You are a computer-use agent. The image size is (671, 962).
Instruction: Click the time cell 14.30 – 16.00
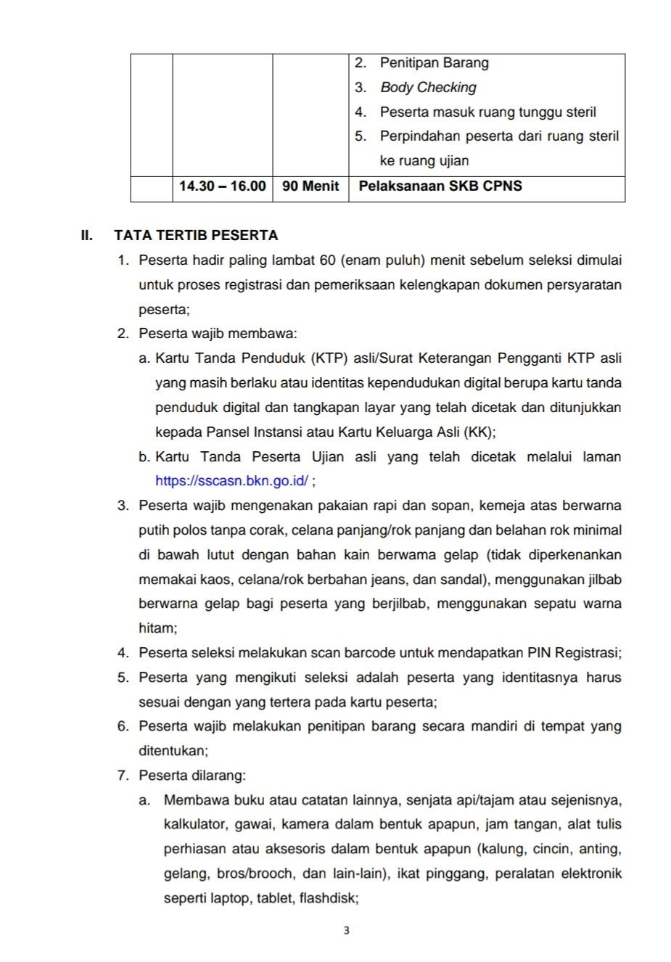click(x=222, y=186)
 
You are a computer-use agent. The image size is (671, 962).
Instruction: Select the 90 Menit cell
click(x=310, y=186)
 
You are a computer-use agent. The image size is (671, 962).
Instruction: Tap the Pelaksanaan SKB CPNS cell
click(x=440, y=186)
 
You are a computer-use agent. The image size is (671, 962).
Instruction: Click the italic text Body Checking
click(x=428, y=88)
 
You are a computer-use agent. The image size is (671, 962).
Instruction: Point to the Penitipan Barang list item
click(x=434, y=63)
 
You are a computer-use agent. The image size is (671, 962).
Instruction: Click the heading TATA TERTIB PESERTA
click(x=196, y=235)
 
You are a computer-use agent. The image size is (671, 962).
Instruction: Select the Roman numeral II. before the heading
click(x=87, y=235)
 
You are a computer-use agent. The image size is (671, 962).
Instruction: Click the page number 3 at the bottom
click(x=346, y=931)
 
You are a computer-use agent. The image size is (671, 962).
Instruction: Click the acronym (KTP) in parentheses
click(x=330, y=358)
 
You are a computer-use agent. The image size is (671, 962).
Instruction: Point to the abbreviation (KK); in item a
click(x=479, y=432)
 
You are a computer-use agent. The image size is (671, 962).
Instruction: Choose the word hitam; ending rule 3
click(x=157, y=628)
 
